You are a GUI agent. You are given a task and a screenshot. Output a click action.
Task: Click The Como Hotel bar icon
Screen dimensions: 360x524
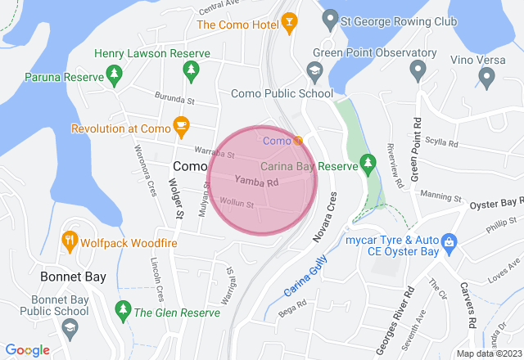287,22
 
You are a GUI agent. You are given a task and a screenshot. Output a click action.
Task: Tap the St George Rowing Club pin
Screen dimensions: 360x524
330,16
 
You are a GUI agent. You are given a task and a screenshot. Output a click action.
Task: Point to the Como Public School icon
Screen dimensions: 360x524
314,74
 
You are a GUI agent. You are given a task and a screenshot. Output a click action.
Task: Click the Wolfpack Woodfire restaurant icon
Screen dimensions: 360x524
70,242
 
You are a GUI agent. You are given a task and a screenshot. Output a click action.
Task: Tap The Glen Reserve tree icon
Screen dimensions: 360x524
123,311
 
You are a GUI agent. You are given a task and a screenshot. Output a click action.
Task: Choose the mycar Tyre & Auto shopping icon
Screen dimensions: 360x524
449,242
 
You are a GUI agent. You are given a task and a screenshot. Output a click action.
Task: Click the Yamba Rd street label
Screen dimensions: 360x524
257,181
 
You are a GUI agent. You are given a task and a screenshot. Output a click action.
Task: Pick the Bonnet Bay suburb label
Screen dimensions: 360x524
73,277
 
